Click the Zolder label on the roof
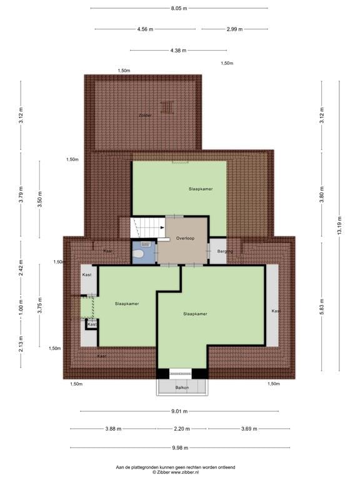tap(145, 116)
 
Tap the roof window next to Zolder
tap(167, 107)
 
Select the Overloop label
tap(185, 238)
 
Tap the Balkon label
tap(182, 388)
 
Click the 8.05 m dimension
tap(179, 8)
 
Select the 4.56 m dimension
tap(146, 29)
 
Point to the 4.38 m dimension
tap(178, 51)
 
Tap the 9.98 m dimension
tap(179, 447)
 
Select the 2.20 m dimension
tap(182, 429)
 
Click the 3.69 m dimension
tap(249, 429)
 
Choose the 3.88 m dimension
tap(113, 429)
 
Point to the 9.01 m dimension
tap(179, 411)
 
